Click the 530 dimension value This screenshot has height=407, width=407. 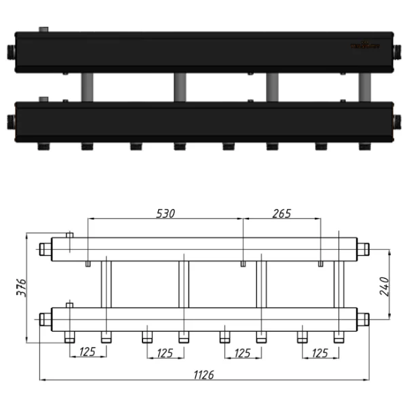[x=166, y=213]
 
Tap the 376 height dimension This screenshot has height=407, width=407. [x=21, y=288]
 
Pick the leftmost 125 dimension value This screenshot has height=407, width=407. [x=88, y=352]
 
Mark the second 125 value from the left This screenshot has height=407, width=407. [x=165, y=352]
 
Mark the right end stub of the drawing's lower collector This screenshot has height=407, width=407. [x=362, y=318]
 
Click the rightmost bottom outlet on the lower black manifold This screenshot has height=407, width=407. [x=363, y=145]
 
